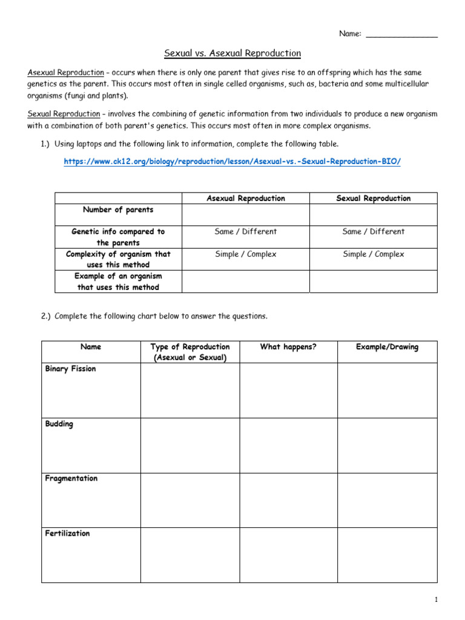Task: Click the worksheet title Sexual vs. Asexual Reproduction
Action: [x=232, y=53]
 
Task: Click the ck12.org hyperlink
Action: [x=232, y=162]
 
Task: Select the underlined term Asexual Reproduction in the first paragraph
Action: [x=66, y=73]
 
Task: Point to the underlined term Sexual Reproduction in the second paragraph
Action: [x=64, y=114]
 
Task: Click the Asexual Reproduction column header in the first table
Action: [x=246, y=199]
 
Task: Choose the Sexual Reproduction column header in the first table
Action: [x=373, y=199]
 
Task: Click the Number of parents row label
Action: [x=118, y=210]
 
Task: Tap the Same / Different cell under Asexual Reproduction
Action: [x=246, y=232]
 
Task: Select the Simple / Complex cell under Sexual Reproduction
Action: [x=373, y=254]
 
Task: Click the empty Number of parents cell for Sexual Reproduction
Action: [x=373, y=214]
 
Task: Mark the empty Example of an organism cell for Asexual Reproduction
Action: [x=246, y=282]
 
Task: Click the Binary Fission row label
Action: [x=70, y=369]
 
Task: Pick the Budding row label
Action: [x=59, y=424]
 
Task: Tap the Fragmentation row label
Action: [x=71, y=478]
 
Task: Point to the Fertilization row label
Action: [x=68, y=533]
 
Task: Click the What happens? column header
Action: [x=288, y=347]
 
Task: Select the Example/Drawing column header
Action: [x=387, y=347]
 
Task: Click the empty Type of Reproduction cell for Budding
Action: [x=190, y=445]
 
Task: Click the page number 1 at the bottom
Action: [x=435, y=599]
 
